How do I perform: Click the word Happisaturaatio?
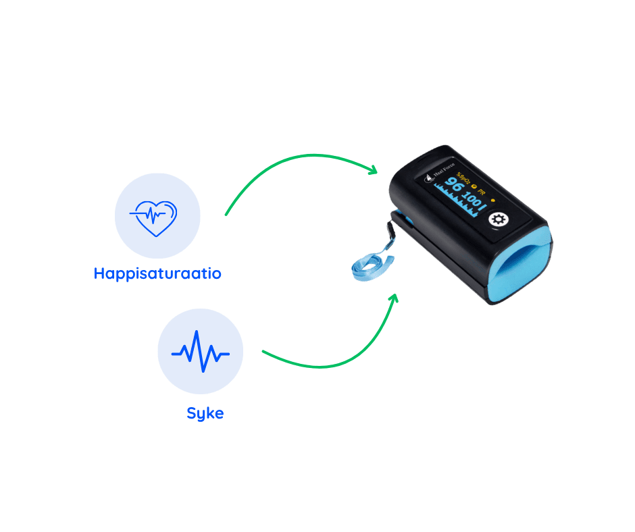point(157,273)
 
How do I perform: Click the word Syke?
point(205,413)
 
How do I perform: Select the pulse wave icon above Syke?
point(200,351)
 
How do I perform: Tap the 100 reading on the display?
point(474,201)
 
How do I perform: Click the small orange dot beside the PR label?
point(493,200)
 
